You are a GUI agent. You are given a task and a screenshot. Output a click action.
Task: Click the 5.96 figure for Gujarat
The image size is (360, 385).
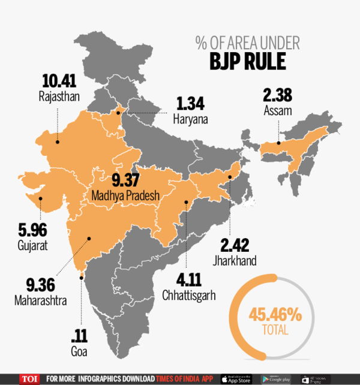(32, 231)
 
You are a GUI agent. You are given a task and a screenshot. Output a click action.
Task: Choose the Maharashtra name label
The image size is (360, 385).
(40, 298)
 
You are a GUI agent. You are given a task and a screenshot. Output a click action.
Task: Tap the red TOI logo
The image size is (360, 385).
(28, 379)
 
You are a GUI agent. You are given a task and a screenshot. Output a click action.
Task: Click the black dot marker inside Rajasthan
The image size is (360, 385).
(57, 142)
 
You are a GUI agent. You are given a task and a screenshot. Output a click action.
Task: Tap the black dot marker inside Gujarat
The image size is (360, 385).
(41, 200)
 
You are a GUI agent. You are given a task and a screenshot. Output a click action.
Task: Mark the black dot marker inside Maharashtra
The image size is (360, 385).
(89, 239)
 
